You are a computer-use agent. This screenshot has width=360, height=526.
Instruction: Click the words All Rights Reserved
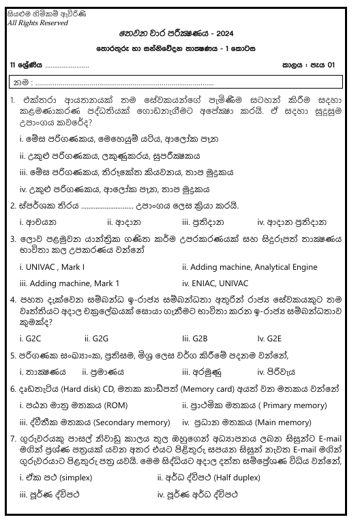37,22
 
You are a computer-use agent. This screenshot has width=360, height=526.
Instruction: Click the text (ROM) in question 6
106,405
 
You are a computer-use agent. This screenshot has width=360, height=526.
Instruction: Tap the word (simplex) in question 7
65,478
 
